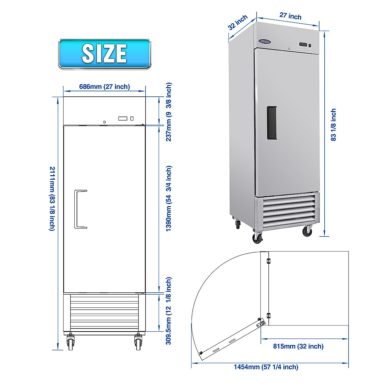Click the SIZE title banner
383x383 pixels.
click(104, 53)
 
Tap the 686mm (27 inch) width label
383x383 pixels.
click(104, 86)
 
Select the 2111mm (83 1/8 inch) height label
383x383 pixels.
click(52, 198)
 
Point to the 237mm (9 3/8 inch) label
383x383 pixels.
click(169, 112)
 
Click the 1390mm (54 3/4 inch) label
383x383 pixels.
click(169, 198)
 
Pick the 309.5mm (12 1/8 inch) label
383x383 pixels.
click(169, 311)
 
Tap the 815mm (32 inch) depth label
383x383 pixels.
click(298, 346)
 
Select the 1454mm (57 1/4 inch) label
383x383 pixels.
click(266, 367)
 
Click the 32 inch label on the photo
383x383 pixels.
click(238, 22)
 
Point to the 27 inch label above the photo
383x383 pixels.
click(290, 16)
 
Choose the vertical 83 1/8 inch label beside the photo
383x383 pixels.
click(334, 125)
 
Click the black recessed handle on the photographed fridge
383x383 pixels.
click(272, 123)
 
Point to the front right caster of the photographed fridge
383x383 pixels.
click(307, 231)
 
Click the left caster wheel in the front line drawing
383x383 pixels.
click(70, 343)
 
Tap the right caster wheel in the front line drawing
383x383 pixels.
click(138, 343)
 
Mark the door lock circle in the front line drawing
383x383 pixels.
click(104, 122)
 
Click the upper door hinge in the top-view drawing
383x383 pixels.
click(268, 261)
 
